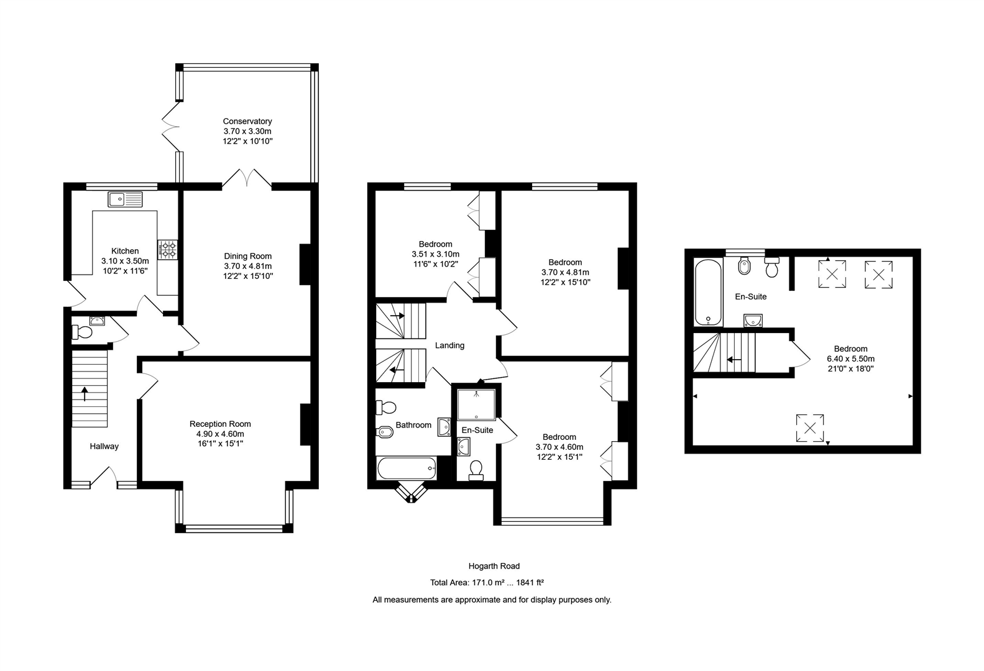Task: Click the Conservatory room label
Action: coord(247,121)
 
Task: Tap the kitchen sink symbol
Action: coord(125,199)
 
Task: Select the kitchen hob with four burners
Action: coord(168,250)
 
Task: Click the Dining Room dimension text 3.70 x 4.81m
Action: coord(247,266)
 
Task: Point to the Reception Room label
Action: coord(220,424)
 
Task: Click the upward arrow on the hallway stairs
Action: coord(85,394)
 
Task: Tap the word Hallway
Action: coord(104,446)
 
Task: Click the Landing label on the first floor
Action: coord(449,345)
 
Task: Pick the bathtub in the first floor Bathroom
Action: coord(407,468)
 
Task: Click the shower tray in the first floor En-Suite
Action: coord(476,404)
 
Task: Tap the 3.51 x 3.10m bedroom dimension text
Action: coord(435,254)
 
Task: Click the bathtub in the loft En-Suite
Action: coord(708,292)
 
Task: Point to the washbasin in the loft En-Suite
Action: coord(753,321)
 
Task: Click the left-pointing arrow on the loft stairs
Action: coord(734,359)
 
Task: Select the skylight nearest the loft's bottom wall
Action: coord(810,427)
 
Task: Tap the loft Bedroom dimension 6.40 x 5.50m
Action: coord(850,358)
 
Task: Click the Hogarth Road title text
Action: coord(494,566)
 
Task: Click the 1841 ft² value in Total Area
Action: coord(530,583)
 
